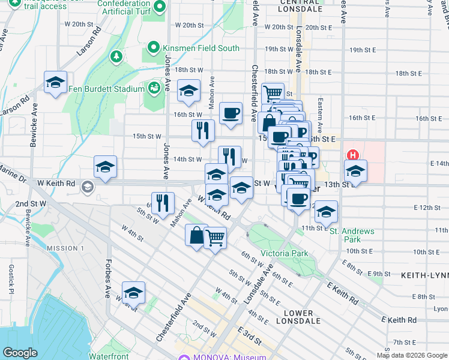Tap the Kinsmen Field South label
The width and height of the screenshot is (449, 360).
[194, 49]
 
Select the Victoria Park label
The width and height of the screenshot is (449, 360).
[284, 253]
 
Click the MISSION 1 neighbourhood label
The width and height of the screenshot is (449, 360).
[65, 248]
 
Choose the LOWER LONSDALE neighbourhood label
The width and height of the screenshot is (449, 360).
[295, 317]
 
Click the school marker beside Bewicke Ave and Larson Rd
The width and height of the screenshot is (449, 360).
[55, 83]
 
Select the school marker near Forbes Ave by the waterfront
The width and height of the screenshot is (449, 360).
[133, 292]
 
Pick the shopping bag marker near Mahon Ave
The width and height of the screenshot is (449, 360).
[196, 235]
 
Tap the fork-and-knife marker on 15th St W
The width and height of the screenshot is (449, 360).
[203, 130]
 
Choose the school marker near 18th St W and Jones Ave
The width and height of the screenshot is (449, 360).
[188, 91]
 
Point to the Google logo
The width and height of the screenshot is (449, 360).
[20, 353]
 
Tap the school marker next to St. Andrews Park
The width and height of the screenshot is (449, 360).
[326, 212]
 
